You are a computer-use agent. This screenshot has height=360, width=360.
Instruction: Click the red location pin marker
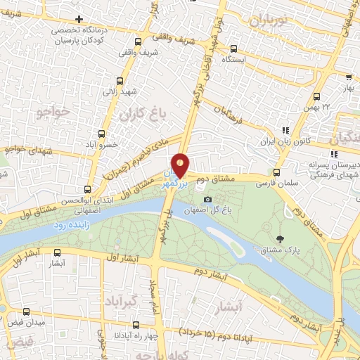click(x=181, y=165)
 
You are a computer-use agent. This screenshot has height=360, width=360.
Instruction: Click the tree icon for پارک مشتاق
click(x=281, y=240)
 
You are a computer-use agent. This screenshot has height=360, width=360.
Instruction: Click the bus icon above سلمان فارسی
click(x=276, y=172)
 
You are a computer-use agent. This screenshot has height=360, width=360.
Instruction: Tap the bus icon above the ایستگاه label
click(x=235, y=49)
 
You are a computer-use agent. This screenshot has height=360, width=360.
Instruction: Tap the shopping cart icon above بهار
click(x=349, y=78)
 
